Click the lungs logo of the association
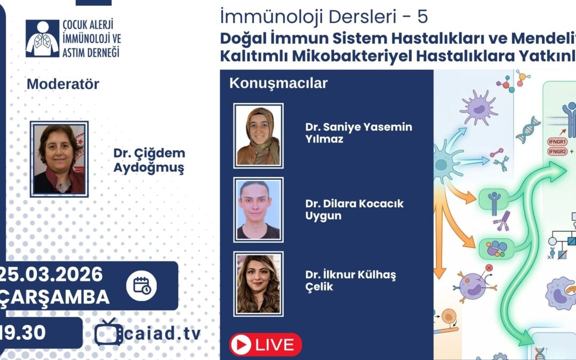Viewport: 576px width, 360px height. click(42, 38)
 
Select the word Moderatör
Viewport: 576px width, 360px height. click(63, 84)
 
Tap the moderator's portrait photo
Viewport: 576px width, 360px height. click(59, 159)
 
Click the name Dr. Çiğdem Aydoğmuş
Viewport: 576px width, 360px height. click(149, 161)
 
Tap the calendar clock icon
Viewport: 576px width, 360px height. click(141, 286)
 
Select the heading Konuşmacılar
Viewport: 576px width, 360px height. click(278, 83)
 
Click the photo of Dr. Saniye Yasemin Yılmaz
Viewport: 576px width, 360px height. click(258, 135)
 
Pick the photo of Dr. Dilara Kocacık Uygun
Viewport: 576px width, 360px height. click(258, 209)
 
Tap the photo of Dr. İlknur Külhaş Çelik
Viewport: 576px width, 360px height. click(258, 283)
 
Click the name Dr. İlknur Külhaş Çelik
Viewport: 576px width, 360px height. click(350, 281)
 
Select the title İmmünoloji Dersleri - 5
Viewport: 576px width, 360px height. click(323, 17)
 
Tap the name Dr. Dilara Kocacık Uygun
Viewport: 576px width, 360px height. click(354, 210)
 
